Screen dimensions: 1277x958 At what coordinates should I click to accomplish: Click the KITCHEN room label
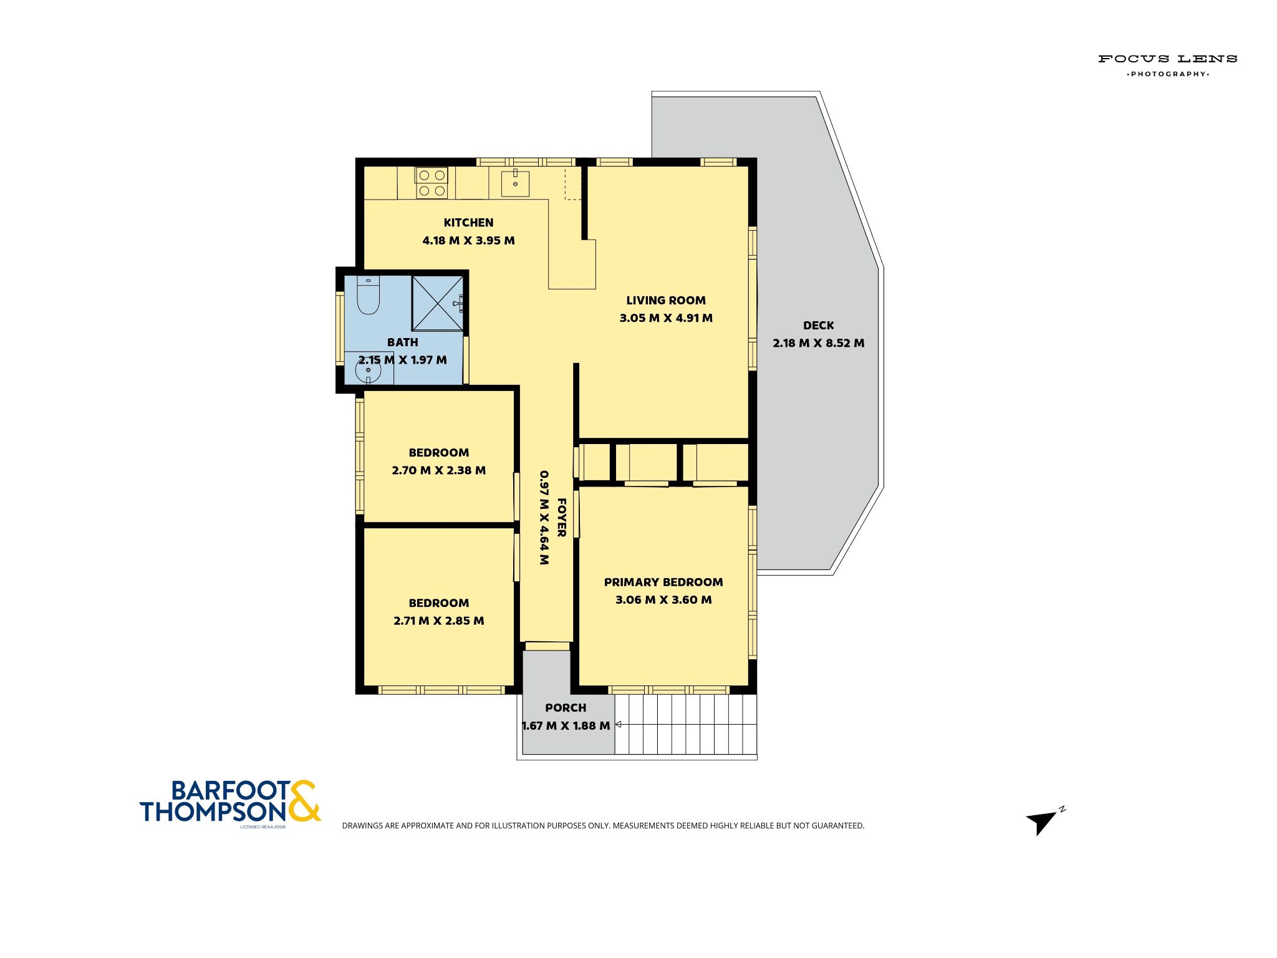click(468, 223)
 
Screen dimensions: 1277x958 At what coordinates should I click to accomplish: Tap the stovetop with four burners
click(431, 183)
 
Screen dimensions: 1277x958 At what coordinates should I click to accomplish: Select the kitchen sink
click(515, 183)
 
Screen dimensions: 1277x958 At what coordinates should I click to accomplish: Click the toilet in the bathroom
click(368, 295)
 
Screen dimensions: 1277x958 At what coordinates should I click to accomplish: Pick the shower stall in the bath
click(438, 303)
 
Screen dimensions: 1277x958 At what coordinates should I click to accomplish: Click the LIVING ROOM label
click(666, 301)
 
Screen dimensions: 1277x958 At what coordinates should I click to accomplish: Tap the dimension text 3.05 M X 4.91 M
click(666, 318)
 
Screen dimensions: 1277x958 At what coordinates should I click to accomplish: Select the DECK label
click(818, 326)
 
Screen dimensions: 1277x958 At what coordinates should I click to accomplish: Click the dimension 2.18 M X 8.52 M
click(818, 343)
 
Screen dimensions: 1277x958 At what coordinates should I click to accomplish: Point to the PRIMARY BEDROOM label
click(663, 583)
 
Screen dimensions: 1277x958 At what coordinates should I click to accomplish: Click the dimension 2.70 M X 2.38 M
click(438, 470)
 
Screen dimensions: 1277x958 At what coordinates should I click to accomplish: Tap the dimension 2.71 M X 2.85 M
click(438, 621)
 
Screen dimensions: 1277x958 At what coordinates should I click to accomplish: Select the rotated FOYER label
click(561, 518)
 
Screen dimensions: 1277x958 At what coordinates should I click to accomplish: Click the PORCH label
click(566, 708)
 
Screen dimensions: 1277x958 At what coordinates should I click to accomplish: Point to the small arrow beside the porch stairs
click(619, 724)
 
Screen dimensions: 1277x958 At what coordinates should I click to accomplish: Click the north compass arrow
click(1043, 821)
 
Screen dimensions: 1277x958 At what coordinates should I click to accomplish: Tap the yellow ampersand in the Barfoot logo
click(304, 801)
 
